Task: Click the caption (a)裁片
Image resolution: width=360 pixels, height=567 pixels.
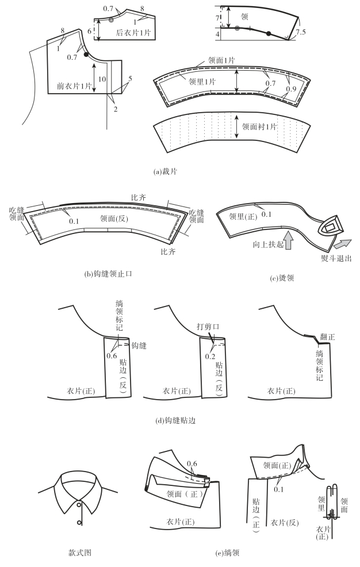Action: click(x=180, y=171)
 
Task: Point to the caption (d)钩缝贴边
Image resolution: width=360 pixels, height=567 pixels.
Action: click(x=180, y=420)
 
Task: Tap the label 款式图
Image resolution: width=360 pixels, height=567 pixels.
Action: click(x=81, y=553)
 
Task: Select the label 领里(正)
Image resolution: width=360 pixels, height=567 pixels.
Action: click(x=239, y=216)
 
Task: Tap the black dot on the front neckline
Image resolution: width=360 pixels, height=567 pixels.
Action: click(x=86, y=55)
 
